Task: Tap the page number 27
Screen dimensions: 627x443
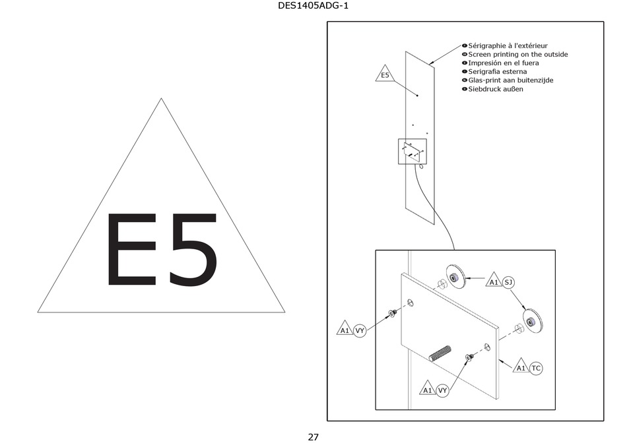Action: click(x=313, y=436)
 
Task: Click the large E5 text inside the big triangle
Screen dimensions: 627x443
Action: click(x=161, y=250)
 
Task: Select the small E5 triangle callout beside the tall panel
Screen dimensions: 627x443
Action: click(x=385, y=74)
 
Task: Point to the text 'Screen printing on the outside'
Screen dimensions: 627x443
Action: click(x=517, y=54)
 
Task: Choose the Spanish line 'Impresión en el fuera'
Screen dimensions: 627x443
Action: click(x=503, y=63)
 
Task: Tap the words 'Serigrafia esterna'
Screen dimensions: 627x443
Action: click(x=497, y=71)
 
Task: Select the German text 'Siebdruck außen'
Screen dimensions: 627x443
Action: click(x=495, y=88)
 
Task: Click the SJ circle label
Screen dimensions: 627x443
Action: click(x=508, y=282)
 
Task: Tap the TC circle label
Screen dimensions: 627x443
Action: click(x=536, y=368)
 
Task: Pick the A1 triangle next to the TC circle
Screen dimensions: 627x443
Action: click(x=521, y=367)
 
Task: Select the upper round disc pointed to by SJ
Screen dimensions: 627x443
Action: click(x=455, y=275)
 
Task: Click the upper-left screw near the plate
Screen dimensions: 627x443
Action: click(x=392, y=313)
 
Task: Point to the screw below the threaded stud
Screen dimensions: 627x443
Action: click(x=469, y=357)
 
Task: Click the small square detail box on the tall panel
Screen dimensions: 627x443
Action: click(x=412, y=151)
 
